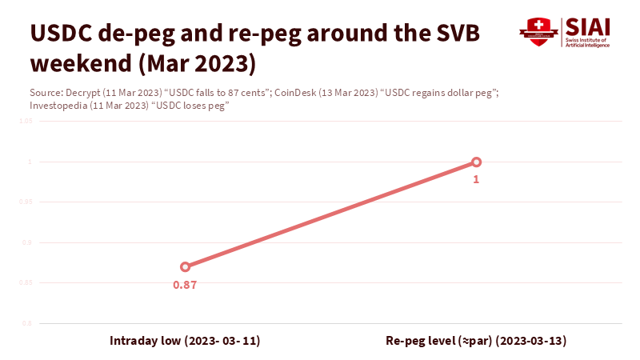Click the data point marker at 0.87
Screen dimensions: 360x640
point(185,267)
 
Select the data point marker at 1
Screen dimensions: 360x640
point(476,162)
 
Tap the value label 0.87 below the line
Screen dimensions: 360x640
point(185,285)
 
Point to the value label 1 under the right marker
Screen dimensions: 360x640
point(476,180)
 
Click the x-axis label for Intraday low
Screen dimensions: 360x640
point(185,341)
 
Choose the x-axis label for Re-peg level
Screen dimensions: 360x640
point(476,341)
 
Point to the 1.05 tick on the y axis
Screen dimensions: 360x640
point(25,122)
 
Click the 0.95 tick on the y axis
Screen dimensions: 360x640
point(25,202)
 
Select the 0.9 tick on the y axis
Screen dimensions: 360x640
point(26,242)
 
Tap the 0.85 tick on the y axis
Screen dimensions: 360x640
point(25,283)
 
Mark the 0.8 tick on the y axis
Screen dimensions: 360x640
point(26,323)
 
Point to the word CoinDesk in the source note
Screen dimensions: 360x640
point(295,93)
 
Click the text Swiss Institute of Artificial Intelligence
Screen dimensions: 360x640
point(588,43)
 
